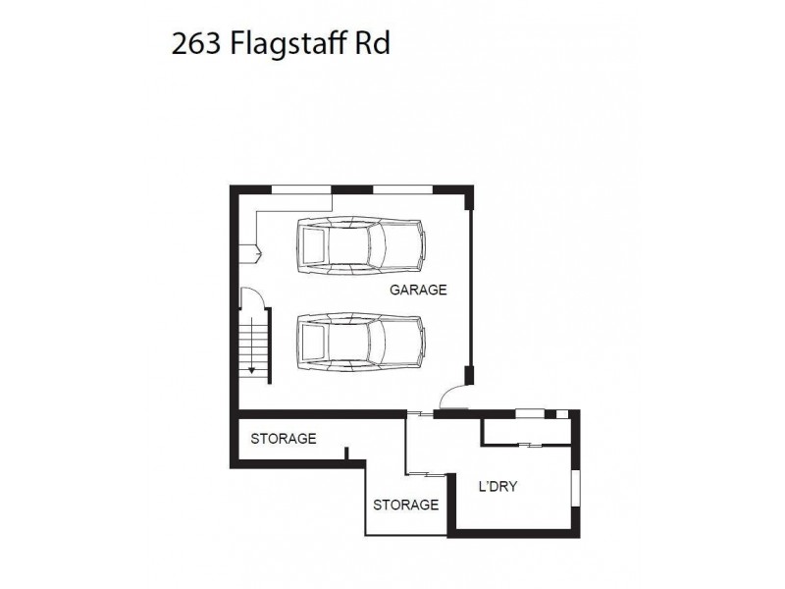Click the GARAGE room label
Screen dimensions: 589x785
(x=418, y=290)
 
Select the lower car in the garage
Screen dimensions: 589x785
(x=361, y=343)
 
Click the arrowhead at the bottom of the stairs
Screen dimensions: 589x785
(x=252, y=370)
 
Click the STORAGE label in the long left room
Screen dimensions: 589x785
(x=283, y=438)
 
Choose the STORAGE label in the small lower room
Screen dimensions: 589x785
(x=405, y=505)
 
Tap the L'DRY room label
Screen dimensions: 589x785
(x=497, y=486)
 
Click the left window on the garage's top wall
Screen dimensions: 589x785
(x=301, y=188)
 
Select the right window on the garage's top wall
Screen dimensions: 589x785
(x=404, y=188)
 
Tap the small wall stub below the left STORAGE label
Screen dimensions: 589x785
(x=346, y=453)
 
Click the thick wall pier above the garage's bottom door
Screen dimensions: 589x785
(x=470, y=375)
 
